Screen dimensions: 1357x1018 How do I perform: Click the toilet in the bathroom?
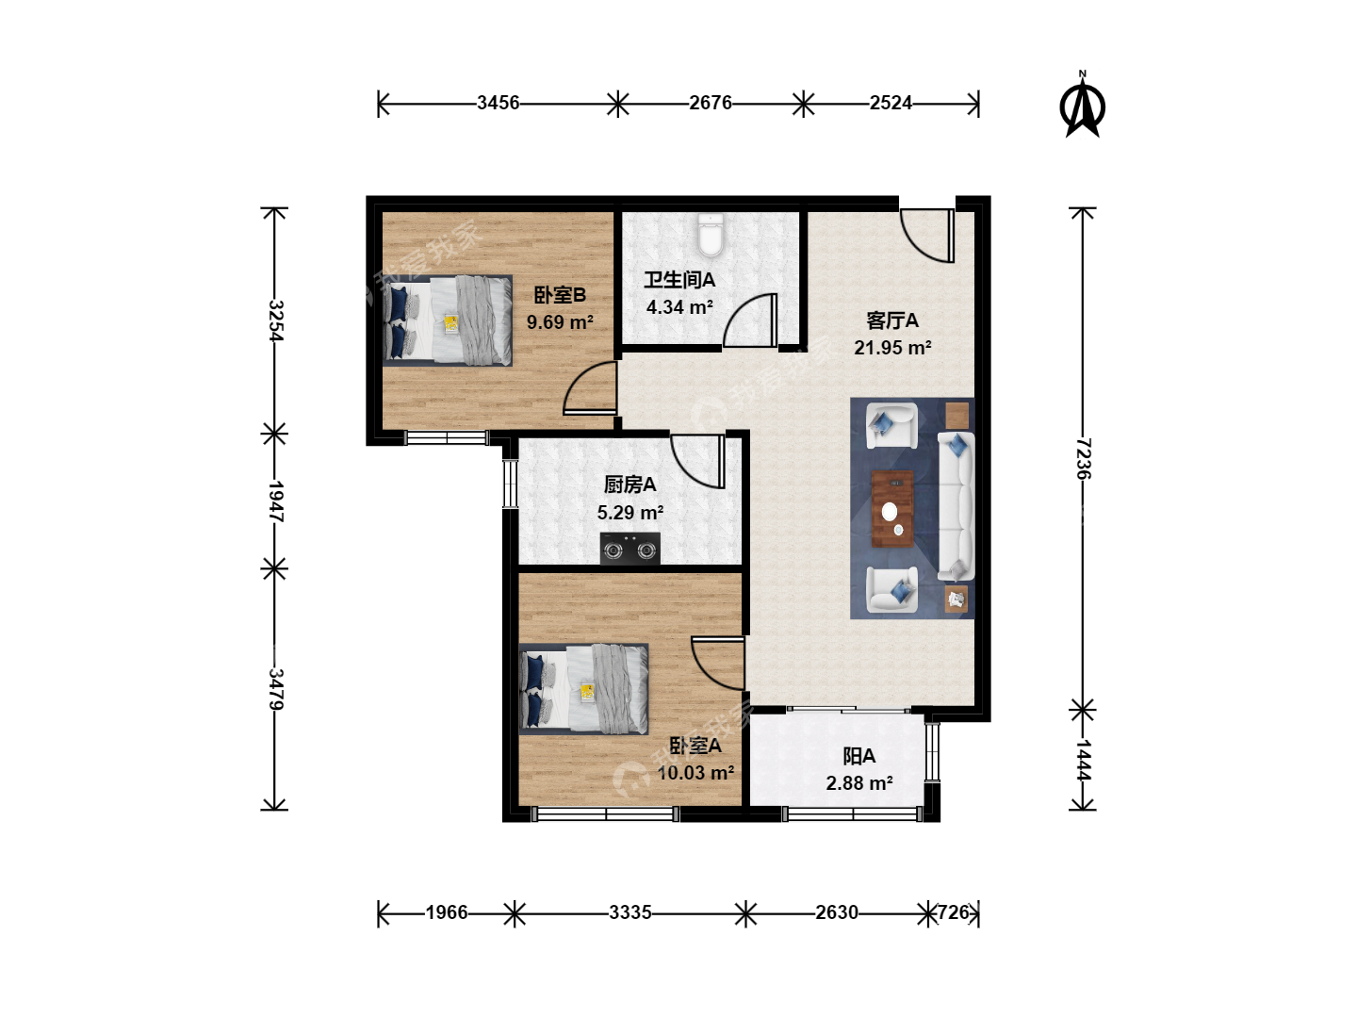(711, 235)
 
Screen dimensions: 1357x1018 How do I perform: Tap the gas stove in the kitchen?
(630, 549)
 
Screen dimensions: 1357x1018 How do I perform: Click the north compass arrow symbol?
(1083, 104)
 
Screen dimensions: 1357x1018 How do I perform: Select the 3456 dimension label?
(498, 103)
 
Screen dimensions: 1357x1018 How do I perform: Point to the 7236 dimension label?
(1083, 459)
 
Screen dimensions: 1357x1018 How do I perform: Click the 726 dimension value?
(954, 912)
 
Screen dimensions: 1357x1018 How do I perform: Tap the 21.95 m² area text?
(892, 348)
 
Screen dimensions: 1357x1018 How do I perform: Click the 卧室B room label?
(560, 295)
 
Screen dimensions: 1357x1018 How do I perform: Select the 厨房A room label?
(630, 484)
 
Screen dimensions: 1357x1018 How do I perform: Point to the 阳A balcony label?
(858, 756)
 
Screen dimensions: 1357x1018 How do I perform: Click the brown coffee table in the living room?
(892, 509)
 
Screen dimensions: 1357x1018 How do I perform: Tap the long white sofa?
(956, 506)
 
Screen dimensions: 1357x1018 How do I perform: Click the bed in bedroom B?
(447, 320)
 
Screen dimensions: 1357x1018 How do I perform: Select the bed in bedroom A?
(583, 689)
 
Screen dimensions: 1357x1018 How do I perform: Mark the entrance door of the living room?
(927, 236)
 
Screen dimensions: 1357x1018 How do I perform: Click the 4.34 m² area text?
(679, 307)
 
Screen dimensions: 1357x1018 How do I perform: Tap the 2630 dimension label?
(837, 912)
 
